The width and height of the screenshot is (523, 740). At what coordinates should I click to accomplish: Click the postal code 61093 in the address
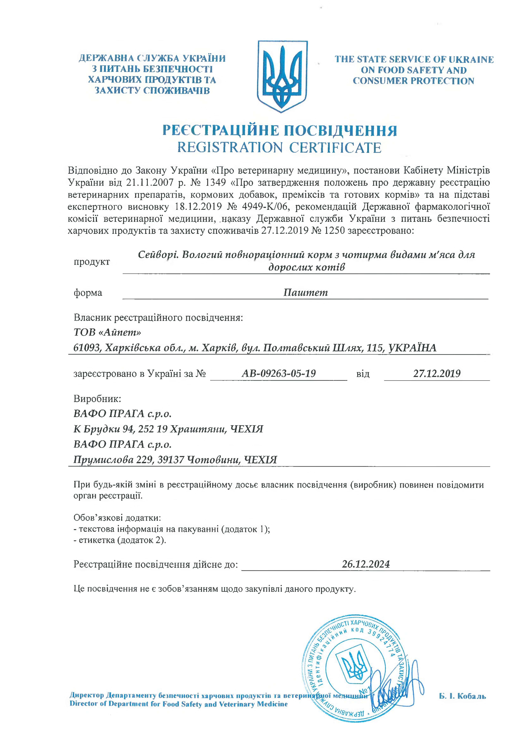85,348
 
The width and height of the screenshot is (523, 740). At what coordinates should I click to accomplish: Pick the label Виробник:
97,399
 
